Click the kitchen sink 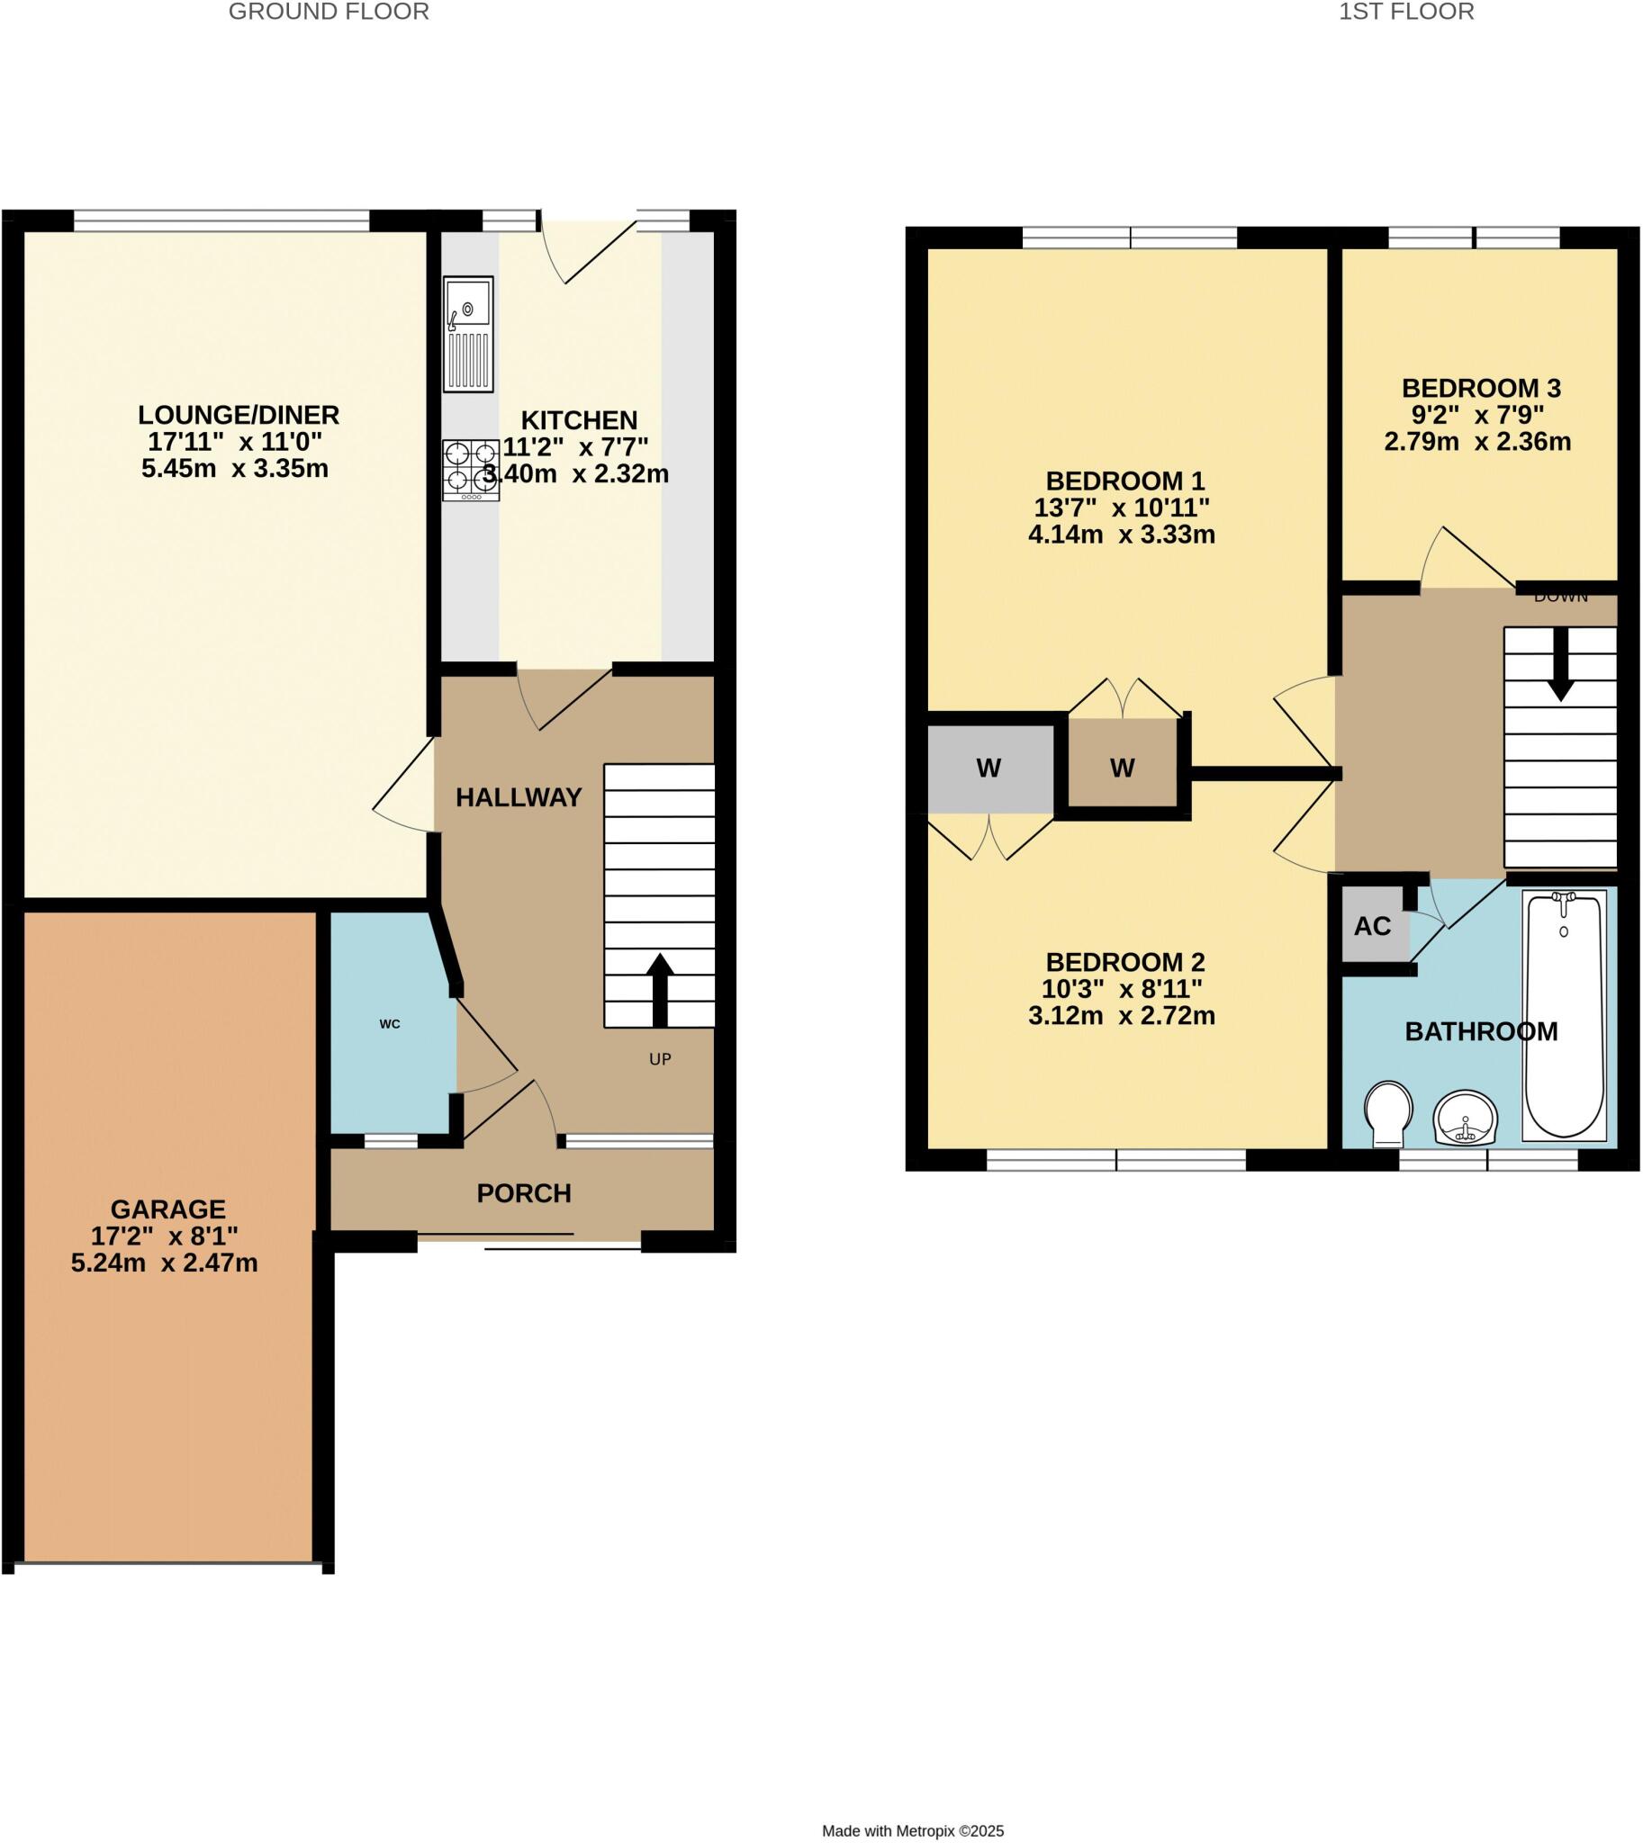[468, 333]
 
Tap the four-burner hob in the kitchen [470, 471]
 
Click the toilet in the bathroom [1387, 1113]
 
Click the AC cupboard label [1372, 926]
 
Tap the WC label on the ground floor [390, 1024]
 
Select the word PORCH [524, 1194]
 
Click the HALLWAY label [519, 798]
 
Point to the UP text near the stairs [660, 1059]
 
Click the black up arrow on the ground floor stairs [660, 989]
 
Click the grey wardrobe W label [989, 769]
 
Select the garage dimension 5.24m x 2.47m [164, 1263]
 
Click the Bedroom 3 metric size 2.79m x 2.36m [1477, 442]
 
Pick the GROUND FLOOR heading [329, 12]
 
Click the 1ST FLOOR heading [1405, 12]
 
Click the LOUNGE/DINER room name [239, 415]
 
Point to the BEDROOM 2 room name [1124, 962]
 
